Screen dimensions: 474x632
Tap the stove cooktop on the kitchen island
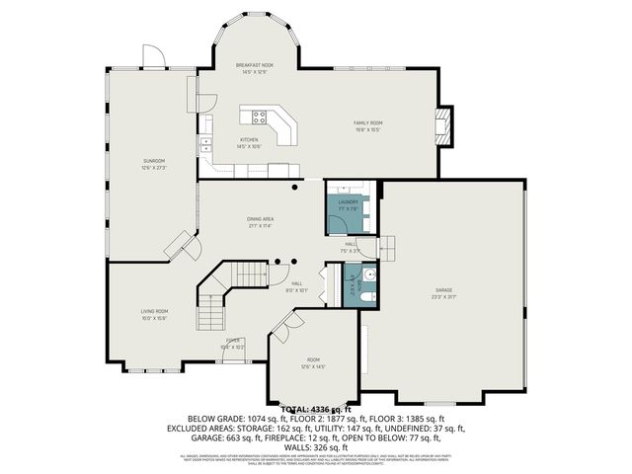(x=260, y=117)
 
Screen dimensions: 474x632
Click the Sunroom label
(x=153, y=163)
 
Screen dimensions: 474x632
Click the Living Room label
(x=154, y=314)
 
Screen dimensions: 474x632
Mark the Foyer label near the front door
(x=232, y=343)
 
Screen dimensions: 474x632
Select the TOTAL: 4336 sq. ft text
(x=316, y=408)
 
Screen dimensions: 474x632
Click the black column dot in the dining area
(x=294, y=185)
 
